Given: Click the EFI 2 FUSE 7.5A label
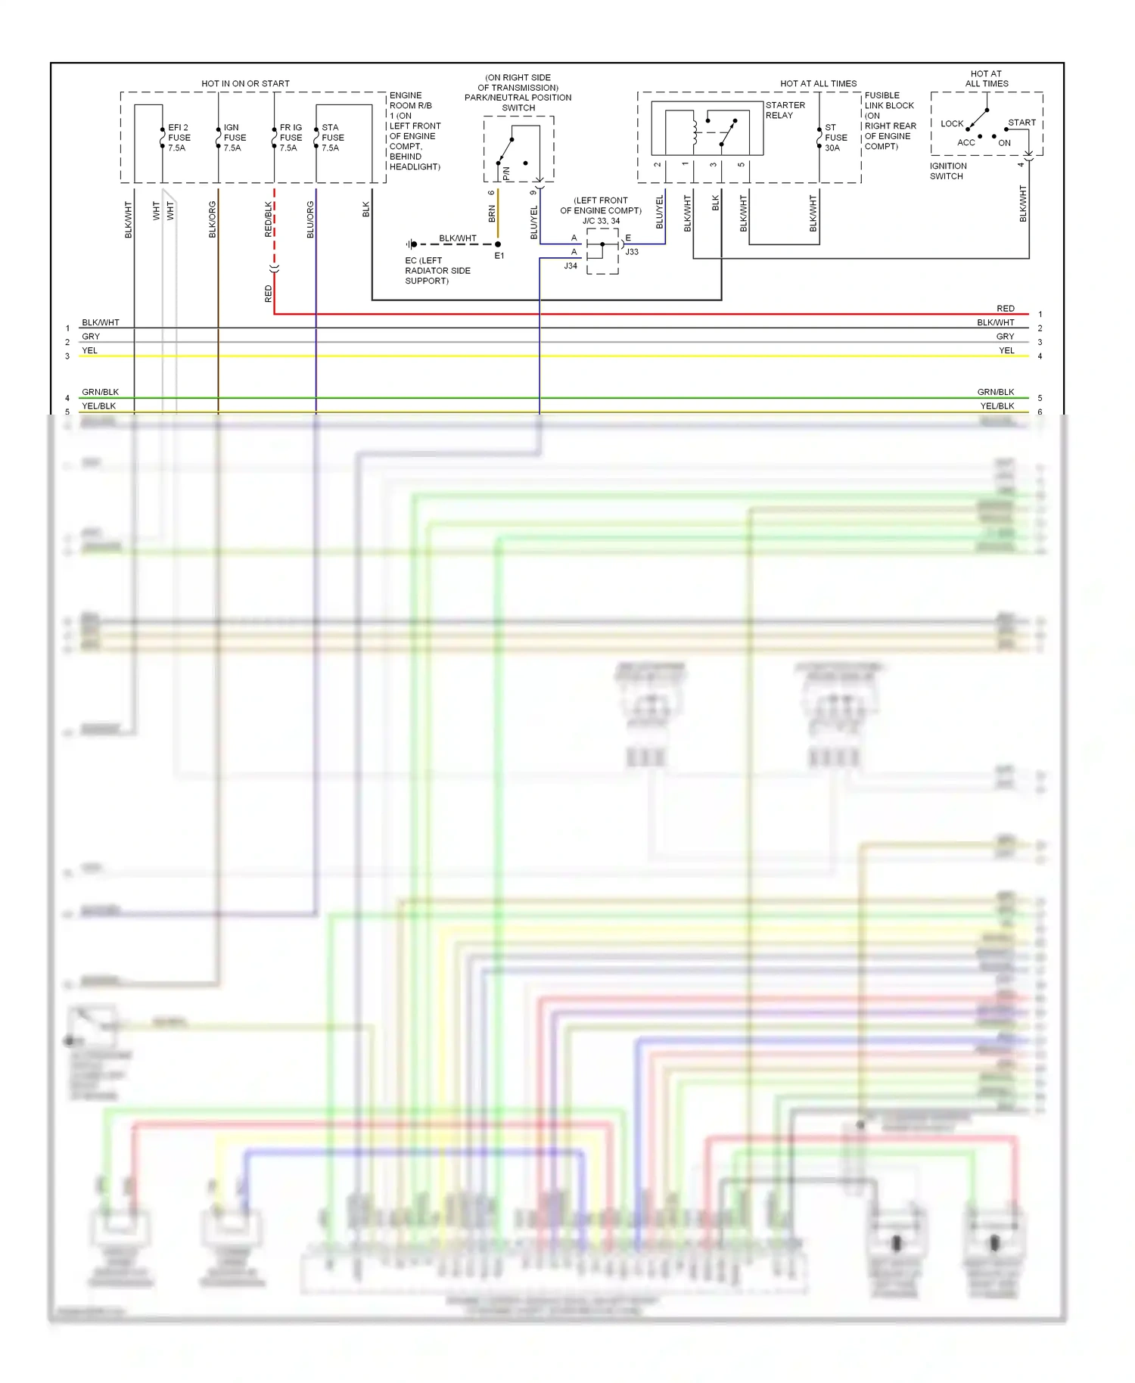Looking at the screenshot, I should [179, 138].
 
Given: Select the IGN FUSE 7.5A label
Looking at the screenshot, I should [235, 138].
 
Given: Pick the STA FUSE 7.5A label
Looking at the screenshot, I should [332, 138].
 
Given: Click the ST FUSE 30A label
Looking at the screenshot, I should [835, 138].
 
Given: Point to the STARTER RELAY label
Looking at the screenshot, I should [785, 110].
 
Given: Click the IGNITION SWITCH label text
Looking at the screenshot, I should [947, 171].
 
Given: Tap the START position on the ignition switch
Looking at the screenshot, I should [1021, 123].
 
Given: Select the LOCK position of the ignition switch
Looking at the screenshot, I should [951, 123].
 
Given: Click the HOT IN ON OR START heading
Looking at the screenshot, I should [245, 83].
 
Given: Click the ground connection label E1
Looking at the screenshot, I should [499, 256].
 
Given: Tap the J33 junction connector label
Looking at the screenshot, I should [632, 252].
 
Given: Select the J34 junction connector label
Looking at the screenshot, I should [571, 266].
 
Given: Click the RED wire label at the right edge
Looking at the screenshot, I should [1005, 309].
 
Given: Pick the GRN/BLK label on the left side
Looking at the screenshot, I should [100, 392].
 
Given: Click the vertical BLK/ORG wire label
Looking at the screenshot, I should [213, 219].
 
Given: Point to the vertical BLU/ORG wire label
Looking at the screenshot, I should [310, 219].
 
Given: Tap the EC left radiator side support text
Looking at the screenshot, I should [437, 270].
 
